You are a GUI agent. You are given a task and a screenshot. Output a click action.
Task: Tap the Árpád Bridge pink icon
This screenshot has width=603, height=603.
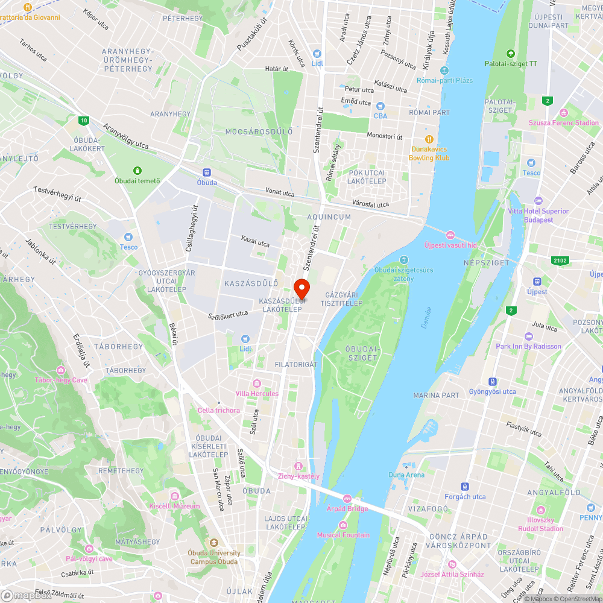347,498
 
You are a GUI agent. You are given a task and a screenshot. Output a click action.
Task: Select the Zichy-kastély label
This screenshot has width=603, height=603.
298,476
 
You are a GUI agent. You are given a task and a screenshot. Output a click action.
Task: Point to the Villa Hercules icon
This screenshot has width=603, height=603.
257,384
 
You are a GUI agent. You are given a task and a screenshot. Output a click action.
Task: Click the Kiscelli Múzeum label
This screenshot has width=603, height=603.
175,506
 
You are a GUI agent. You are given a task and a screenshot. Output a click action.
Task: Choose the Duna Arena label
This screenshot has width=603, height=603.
406,475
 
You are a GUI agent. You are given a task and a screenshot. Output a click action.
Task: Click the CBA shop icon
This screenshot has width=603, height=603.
380,106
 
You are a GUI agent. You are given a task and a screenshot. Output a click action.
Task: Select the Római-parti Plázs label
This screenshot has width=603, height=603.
453,80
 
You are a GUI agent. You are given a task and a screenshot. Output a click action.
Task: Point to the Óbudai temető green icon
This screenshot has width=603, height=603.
137,171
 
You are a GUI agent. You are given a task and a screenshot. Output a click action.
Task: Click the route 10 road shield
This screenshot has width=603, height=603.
83,121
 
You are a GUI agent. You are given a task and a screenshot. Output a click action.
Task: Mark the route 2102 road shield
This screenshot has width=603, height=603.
560,260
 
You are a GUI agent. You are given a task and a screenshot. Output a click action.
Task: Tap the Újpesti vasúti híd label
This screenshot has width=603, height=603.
450,245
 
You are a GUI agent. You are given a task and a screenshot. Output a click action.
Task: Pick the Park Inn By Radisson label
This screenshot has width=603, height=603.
528,346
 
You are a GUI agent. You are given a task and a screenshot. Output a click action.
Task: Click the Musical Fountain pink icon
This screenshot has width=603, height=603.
343,525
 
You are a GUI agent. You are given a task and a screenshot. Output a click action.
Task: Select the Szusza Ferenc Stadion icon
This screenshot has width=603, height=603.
564,113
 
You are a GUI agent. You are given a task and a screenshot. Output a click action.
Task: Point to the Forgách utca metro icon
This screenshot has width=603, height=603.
464,487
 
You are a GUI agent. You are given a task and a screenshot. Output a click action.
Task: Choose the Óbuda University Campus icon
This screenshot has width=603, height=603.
213,543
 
